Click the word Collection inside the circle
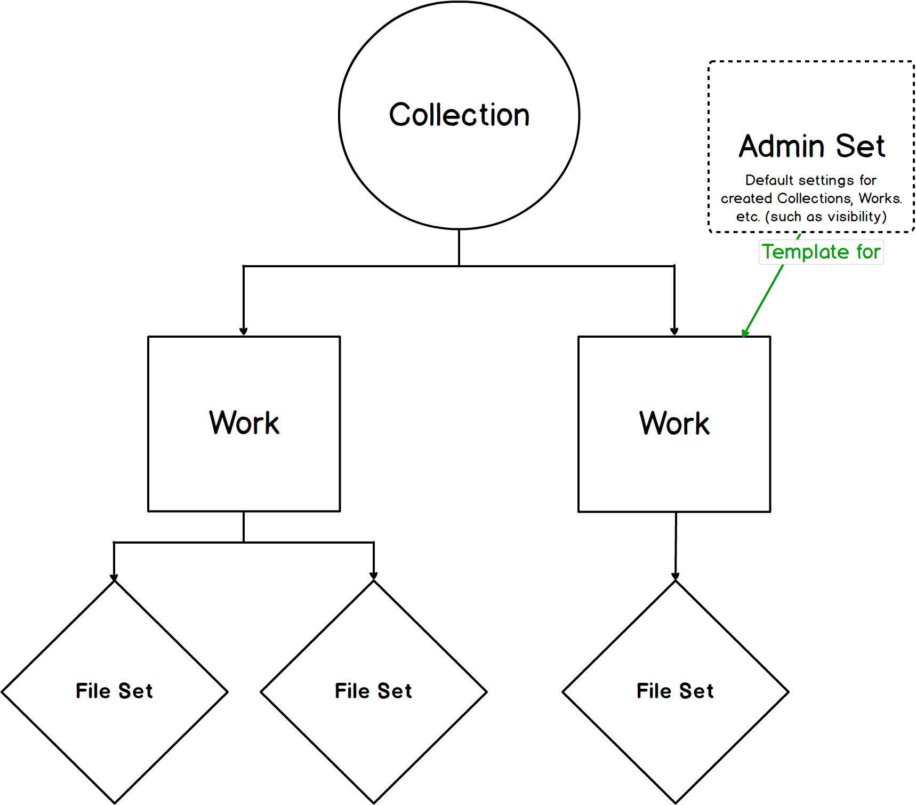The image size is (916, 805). click(459, 115)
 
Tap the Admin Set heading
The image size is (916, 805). click(811, 147)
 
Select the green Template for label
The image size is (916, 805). click(821, 252)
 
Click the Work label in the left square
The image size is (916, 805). click(244, 424)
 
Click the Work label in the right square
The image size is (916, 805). click(674, 424)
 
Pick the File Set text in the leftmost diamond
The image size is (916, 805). click(114, 691)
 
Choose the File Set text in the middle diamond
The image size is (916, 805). click(373, 691)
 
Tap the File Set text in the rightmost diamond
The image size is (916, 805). click(675, 691)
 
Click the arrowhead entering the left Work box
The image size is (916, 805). click(244, 332)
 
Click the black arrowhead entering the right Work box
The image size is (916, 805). click(674, 332)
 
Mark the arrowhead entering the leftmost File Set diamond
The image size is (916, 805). click(114, 577)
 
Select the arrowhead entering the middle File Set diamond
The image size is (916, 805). click(373, 576)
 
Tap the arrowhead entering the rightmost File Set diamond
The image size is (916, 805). click(676, 577)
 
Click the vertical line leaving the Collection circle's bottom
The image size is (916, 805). click(459, 248)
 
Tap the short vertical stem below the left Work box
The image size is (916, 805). click(244, 527)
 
